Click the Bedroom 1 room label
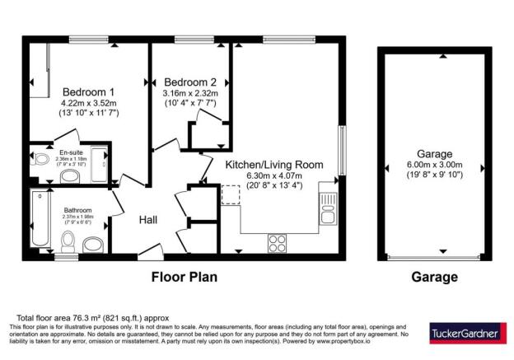pyautogui.click(x=87, y=91)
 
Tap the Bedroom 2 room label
pyautogui.click(x=190, y=82)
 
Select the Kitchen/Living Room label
pyautogui.click(x=274, y=164)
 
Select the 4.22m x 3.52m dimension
pyautogui.click(x=88, y=104)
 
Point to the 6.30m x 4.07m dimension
pyautogui.click(x=274, y=175)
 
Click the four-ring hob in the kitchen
pyautogui.click(x=277, y=243)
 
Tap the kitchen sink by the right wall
pyautogui.click(x=329, y=208)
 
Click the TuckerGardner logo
pyautogui.click(x=462, y=334)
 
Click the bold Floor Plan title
pyautogui.click(x=185, y=277)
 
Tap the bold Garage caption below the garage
pyautogui.click(x=434, y=277)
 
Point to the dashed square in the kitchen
pyautogui.click(x=230, y=193)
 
